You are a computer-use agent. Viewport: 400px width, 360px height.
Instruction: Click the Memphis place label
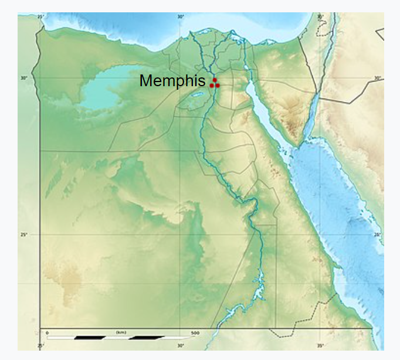[x=172, y=81]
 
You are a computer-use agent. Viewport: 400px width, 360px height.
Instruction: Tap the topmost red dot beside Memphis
[x=215, y=80]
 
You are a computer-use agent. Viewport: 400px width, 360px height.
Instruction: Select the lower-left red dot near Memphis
[x=212, y=86]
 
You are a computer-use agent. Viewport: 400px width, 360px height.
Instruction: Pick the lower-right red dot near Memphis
[x=218, y=86]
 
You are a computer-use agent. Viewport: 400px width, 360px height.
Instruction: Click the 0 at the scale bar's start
[x=48, y=332]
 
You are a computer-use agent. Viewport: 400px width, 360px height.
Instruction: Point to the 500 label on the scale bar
[x=195, y=332]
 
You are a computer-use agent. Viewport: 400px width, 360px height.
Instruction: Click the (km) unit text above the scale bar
[x=121, y=332]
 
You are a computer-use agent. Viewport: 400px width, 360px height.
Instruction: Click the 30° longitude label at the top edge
[x=181, y=16]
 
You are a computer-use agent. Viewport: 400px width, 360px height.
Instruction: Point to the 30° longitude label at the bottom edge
[x=181, y=346]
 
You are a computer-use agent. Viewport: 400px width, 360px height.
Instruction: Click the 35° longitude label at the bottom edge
[x=321, y=346]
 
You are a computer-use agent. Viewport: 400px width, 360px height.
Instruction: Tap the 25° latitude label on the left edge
[x=23, y=235]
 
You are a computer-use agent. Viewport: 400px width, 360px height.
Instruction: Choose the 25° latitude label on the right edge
[x=377, y=235]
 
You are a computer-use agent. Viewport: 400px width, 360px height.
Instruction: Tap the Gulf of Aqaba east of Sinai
[x=311, y=108]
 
